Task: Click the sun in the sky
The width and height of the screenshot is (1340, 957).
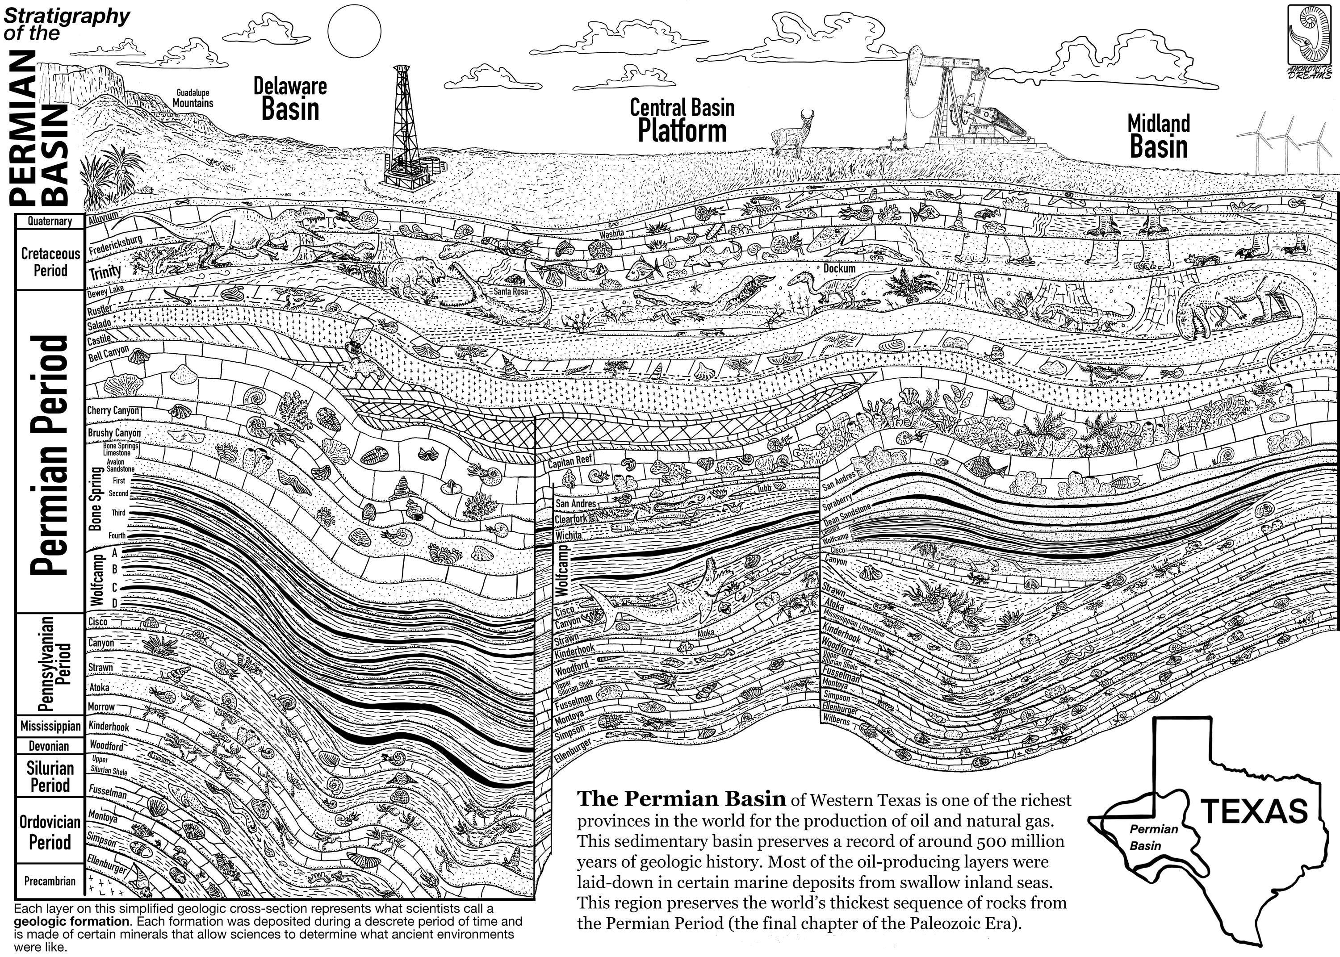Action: (x=354, y=31)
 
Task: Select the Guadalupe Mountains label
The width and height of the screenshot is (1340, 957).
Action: (x=193, y=98)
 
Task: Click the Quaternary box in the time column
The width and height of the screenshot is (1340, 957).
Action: (x=50, y=221)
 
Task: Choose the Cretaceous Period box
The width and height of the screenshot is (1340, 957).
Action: (x=50, y=262)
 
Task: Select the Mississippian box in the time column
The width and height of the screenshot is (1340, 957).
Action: (x=50, y=725)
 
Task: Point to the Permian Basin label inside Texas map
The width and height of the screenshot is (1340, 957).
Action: (x=1153, y=837)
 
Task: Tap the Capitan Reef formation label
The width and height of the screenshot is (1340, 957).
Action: (x=570, y=460)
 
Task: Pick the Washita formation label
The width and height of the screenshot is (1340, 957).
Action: (x=611, y=234)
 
